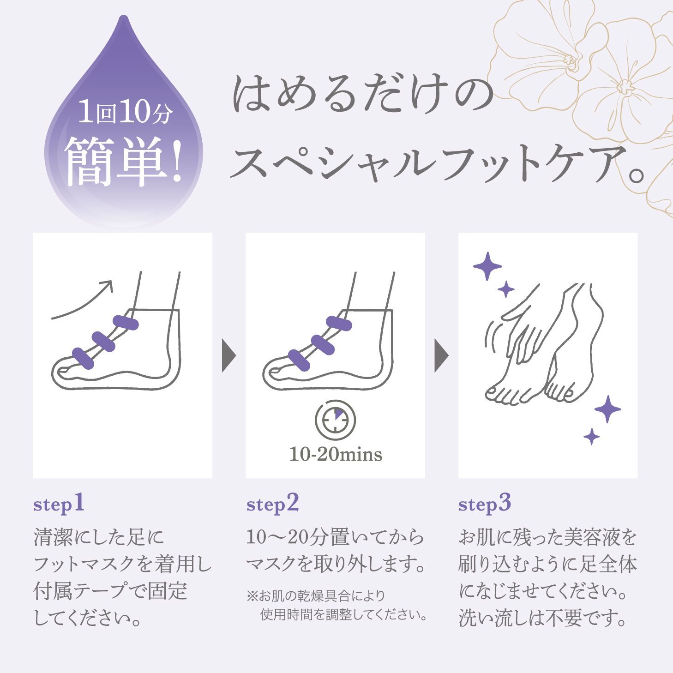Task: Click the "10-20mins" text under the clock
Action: point(336,454)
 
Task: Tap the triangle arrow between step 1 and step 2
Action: point(228,356)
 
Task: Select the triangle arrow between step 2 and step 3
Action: point(441,356)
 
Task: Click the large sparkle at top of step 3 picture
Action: point(487,266)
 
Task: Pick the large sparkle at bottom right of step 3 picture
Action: point(607,409)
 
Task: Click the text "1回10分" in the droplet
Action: point(124,113)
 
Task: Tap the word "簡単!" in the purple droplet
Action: point(123,162)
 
